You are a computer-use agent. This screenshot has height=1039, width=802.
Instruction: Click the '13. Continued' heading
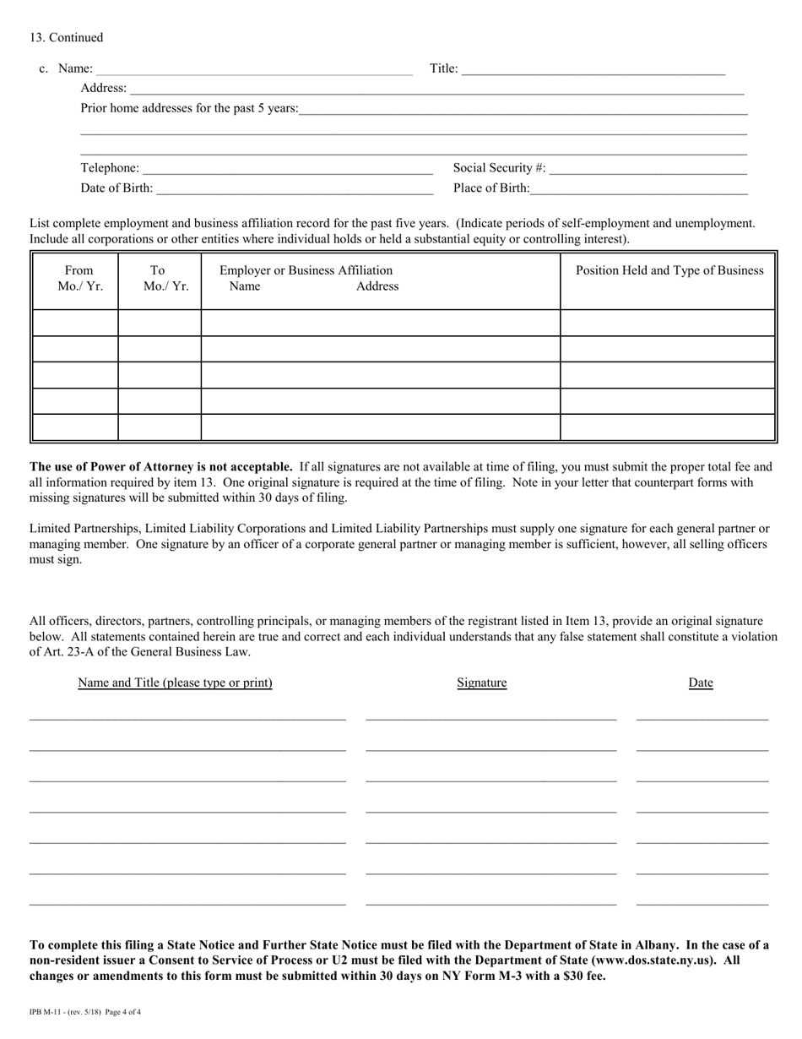(x=67, y=38)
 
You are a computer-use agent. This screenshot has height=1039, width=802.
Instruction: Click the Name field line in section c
(x=253, y=69)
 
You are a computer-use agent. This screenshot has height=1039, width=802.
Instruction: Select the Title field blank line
(x=593, y=69)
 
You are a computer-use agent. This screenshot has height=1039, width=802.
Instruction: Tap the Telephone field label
(x=110, y=168)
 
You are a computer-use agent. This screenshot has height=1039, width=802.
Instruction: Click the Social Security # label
(x=500, y=168)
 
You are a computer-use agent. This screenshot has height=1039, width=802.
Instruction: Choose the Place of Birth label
(x=491, y=188)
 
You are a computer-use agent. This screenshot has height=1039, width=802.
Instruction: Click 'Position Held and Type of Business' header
(x=669, y=271)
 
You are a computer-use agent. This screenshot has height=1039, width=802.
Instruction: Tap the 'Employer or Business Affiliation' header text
(x=306, y=271)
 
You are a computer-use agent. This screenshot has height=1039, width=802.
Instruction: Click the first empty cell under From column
(x=76, y=323)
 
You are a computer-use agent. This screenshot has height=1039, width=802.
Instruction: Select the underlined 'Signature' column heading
(x=481, y=683)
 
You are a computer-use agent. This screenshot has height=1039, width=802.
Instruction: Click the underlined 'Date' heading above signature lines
(x=701, y=683)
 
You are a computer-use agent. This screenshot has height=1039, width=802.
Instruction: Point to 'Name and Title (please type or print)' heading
(x=175, y=683)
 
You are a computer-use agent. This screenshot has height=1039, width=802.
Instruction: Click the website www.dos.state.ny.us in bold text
(x=651, y=960)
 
